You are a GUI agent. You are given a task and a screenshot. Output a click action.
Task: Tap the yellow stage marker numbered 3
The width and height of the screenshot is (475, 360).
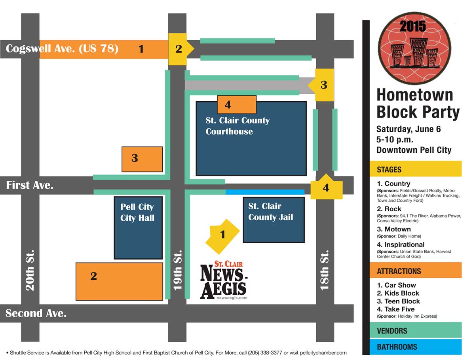click(x=323, y=85)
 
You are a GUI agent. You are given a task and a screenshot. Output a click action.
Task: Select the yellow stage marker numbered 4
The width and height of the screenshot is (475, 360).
click(x=326, y=188)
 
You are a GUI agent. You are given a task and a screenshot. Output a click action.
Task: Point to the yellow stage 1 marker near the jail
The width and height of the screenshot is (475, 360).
click(x=222, y=235)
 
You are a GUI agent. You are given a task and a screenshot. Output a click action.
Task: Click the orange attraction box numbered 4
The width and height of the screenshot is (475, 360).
click(x=236, y=104)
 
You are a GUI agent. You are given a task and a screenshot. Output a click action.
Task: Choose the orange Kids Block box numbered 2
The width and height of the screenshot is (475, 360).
click(x=119, y=281)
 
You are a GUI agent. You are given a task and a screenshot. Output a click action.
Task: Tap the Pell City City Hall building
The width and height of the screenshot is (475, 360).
click(x=138, y=227)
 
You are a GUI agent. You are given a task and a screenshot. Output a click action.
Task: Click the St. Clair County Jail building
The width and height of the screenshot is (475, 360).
click(x=274, y=220)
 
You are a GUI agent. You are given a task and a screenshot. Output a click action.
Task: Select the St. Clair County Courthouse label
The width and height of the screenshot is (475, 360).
click(x=237, y=126)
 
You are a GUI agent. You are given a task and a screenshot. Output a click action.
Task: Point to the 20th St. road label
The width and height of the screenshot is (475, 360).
click(x=30, y=270)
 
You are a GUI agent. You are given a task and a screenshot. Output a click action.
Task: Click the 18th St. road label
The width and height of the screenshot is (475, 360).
click(x=325, y=270)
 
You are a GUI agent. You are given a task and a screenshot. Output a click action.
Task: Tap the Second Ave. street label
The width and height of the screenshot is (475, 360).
click(x=36, y=313)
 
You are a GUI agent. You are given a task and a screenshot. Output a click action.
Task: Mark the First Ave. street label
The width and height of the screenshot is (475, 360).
click(x=30, y=185)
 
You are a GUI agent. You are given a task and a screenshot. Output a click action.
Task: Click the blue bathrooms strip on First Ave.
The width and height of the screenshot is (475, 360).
click(x=265, y=192)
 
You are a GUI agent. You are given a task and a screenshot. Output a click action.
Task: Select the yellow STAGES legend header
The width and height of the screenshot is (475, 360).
click(x=415, y=169)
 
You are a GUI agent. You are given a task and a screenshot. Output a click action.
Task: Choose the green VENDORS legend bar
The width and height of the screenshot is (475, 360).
click(x=415, y=330)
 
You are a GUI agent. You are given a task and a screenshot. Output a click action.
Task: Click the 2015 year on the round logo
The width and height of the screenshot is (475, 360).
click(x=413, y=26)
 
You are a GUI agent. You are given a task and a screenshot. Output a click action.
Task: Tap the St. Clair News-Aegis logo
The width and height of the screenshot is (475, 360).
click(x=224, y=280)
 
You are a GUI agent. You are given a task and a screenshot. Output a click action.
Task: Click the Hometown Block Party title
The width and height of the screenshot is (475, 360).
click(x=418, y=104)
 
